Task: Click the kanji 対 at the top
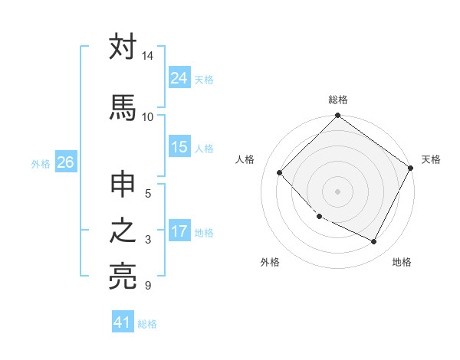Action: click(x=123, y=47)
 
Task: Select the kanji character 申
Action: click(x=123, y=185)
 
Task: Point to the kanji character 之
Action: click(x=123, y=231)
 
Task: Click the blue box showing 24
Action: click(x=179, y=78)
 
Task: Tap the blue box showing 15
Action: click(x=179, y=147)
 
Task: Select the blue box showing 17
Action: click(x=179, y=231)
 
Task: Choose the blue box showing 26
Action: click(x=65, y=162)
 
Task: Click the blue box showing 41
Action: click(x=123, y=322)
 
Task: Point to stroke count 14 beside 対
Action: click(x=148, y=57)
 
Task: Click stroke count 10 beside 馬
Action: click(x=148, y=116)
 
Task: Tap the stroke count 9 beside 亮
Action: click(x=148, y=286)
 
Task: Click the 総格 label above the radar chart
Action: click(x=338, y=100)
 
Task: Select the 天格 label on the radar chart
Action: click(x=431, y=159)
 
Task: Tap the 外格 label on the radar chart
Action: click(x=270, y=262)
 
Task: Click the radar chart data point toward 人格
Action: click(x=280, y=172)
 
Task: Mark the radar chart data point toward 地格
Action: click(x=374, y=242)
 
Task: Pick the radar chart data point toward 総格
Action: click(x=338, y=116)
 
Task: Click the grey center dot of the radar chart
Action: click(x=338, y=191)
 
